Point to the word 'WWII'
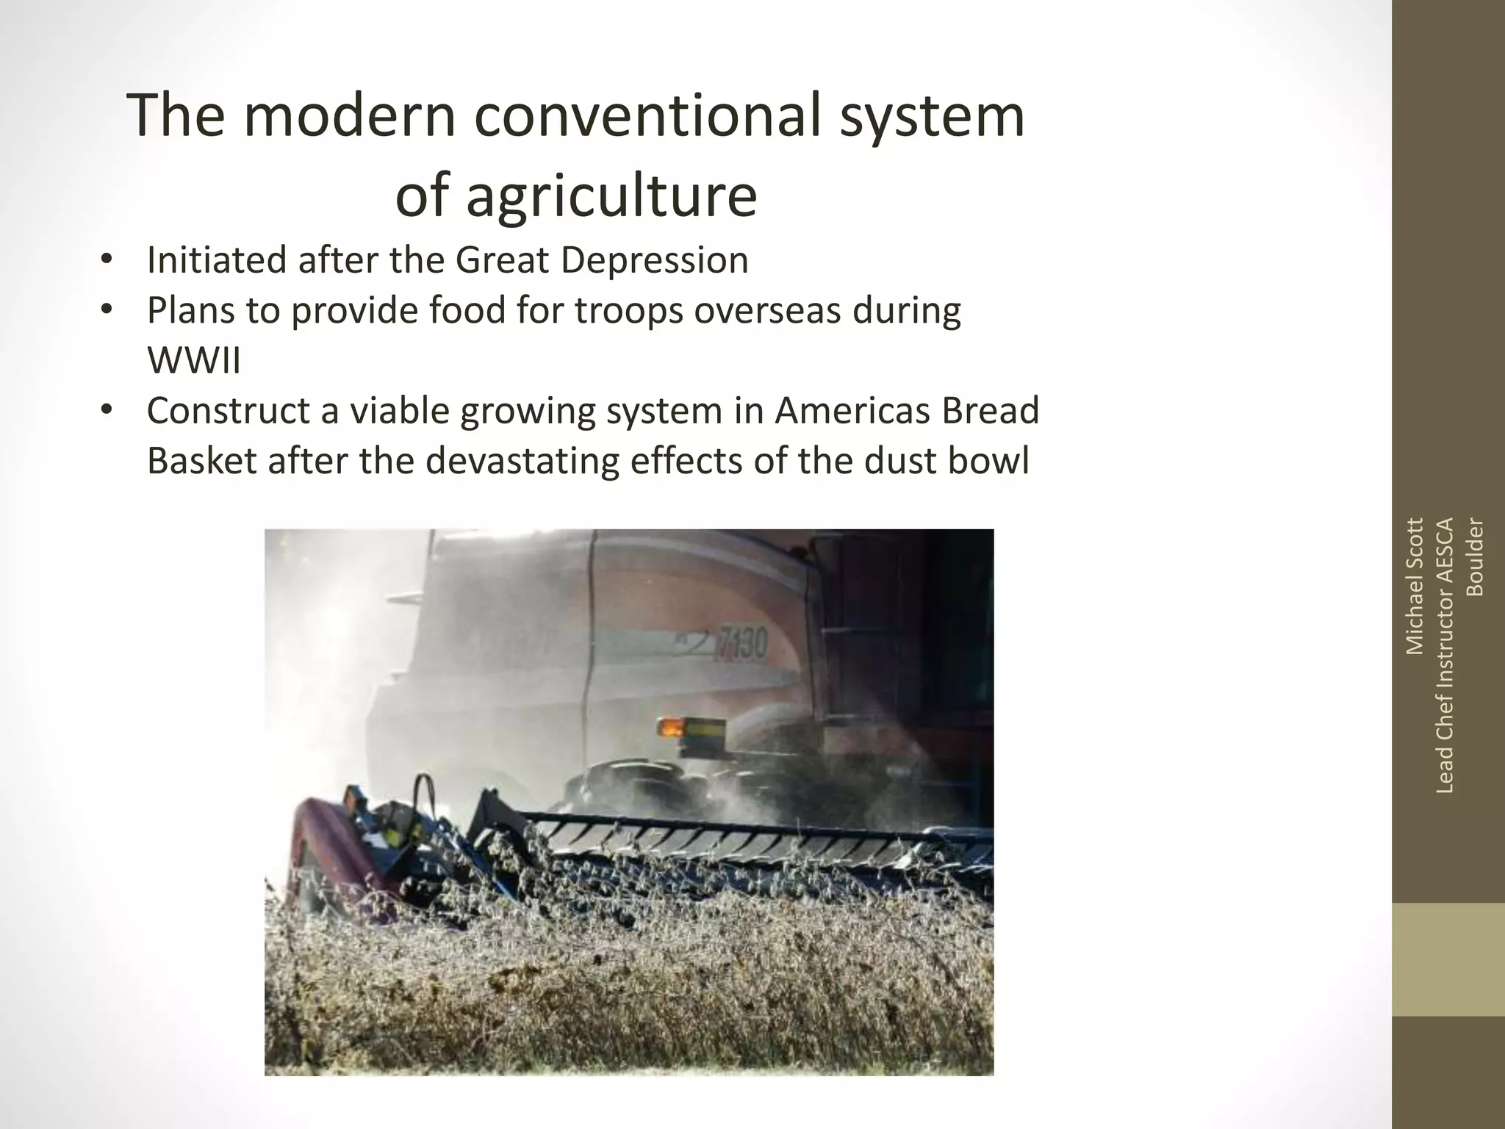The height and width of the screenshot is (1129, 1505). click(x=194, y=360)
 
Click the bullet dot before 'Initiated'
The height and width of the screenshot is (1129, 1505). click(x=107, y=260)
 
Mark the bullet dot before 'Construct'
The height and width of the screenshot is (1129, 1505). click(x=107, y=410)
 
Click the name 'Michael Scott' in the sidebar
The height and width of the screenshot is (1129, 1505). click(x=1415, y=586)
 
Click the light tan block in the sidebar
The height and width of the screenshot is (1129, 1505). click(x=1448, y=960)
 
